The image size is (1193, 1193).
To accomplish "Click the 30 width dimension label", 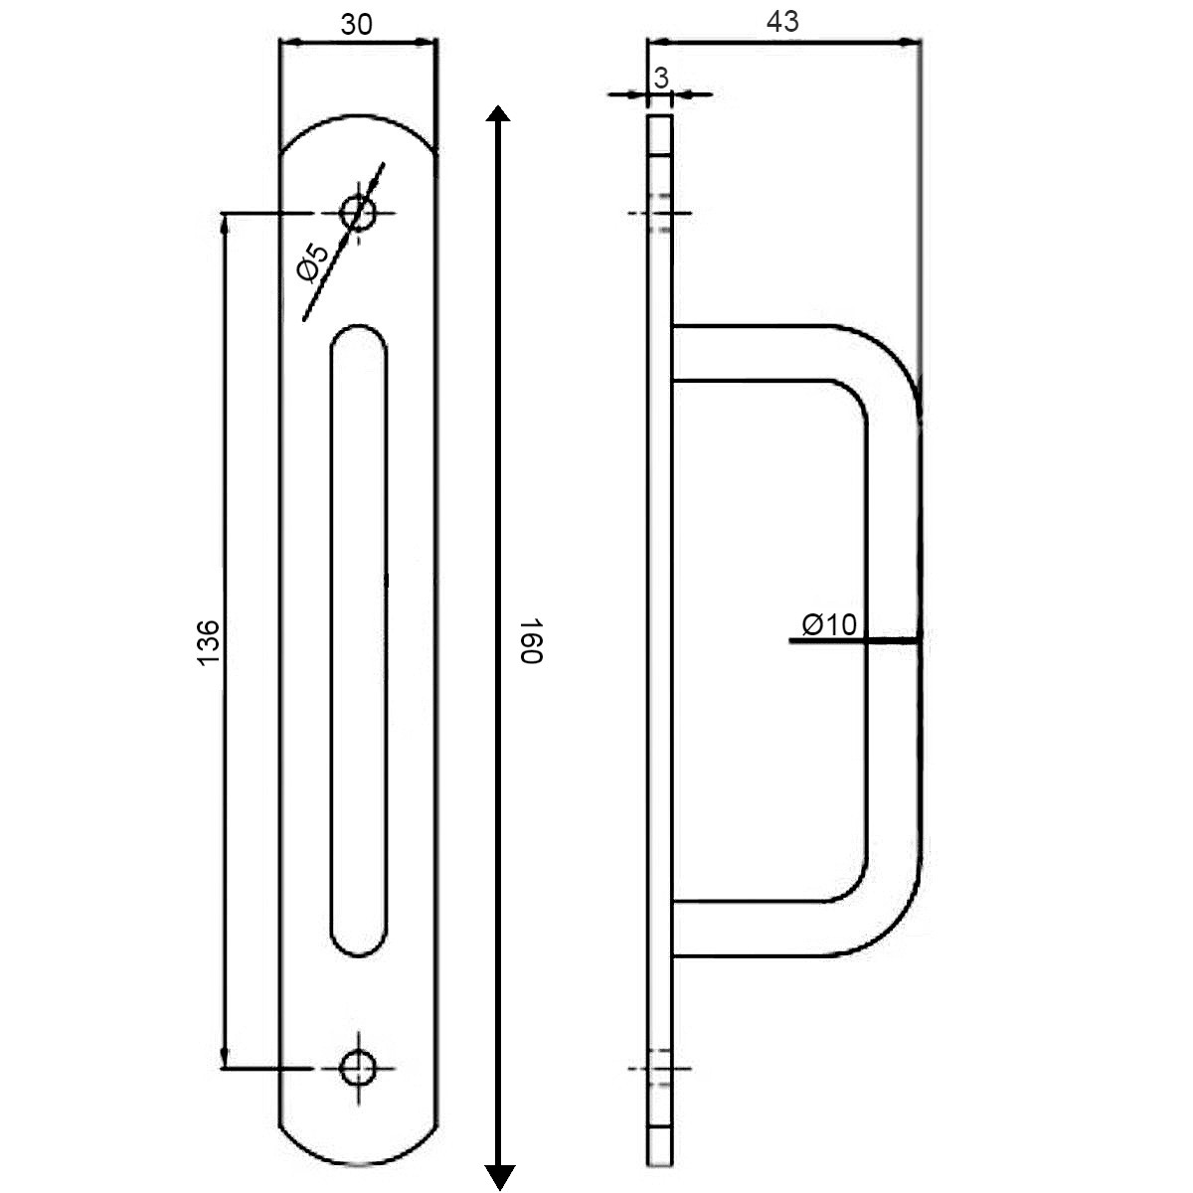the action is (x=356, y=25).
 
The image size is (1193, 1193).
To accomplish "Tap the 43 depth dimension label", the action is (x=782, y=22).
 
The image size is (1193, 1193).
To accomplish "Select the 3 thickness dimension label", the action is (x=661, y=78).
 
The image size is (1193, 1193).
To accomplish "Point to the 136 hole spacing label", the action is (x=208, y=642).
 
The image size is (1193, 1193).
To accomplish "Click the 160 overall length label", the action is (x=531, y=640).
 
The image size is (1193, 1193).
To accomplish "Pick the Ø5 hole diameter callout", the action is (x=312, y=261).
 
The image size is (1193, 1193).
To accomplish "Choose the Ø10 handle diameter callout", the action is (x=829, y=624).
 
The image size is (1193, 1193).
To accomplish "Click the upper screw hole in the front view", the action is (x=359, y=213).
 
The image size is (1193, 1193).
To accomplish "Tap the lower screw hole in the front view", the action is (x=359, y=1068).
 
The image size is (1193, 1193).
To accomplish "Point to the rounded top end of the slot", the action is (x=359, y=326).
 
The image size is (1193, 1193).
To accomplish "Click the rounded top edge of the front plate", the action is (x=359, y=115).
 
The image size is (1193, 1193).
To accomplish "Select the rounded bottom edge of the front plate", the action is (x=359, y=1164).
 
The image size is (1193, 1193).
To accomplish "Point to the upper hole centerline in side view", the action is (x=660, y=213).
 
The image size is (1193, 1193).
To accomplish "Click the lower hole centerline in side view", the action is (x=660, y=1069).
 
